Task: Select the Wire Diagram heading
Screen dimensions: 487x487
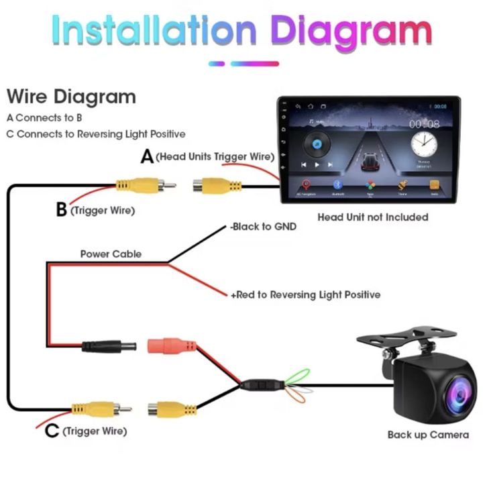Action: pos(70,97)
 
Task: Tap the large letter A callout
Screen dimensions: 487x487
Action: pos(147,157)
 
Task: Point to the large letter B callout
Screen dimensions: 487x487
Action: pos(61,210)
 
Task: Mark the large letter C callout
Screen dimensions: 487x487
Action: pos(52,431)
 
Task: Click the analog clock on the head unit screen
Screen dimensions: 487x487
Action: pos(423,144)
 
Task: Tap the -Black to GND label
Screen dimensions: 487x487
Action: pos(263,227)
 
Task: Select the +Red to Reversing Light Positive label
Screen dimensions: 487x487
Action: pos(305,294)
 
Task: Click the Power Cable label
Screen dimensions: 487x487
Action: pos(111,254)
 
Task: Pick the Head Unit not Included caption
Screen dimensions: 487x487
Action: pos(372,217)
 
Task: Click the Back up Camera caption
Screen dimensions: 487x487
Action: pos(428,435)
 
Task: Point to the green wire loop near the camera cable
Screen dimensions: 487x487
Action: pos(299,376)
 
